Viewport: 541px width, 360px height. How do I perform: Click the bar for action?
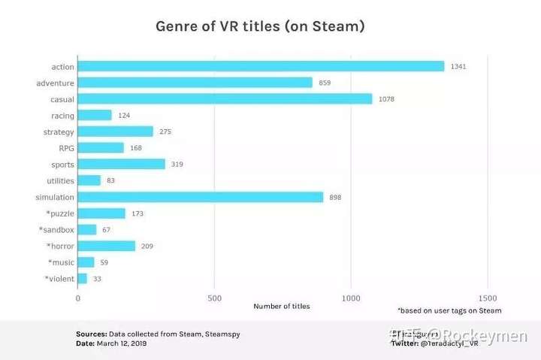pyautogui.click(x=261, y=66)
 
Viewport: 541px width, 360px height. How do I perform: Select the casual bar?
pyautogui.click(x=225, y=98)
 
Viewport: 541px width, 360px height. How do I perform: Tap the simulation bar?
pyautogui.click(x=201, y=197)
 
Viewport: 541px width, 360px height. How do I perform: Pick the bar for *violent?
pyautogui.click(x=83, y=279)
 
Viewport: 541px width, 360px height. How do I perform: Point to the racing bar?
pyautogui.click(x=95, y=115)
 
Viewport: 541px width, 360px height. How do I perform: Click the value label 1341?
pyautogui.click(x=458, y=66)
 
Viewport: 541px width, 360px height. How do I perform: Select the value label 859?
pyautogui.click(x=325, y=83)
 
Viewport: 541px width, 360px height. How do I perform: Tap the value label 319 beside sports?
pyautogui.click(x=177, y=164)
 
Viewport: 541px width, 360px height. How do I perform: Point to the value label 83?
pyautogui.click(x=111, y=180)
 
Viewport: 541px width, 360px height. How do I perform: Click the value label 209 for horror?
pyautogui.click(x=147, y=246)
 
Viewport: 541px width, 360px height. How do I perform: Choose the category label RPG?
pyautogui.click(x=66, y=148)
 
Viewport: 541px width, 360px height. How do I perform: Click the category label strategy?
pyautogui.click(x=59, y=132)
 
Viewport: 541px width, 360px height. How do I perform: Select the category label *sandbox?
pyautogui.click(x=56, y=229)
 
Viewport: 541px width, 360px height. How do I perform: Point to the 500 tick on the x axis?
pyautogui.click(x=214, y=297)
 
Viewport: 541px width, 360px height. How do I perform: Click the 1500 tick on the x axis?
pyautogui.click(x=487, y=297)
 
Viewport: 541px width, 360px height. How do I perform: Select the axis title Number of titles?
pyautogui.click(x=281, y=307)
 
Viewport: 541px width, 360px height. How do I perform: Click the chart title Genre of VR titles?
pyautogui.click(x=260, y=26)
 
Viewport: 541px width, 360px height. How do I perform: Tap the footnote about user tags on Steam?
pyautogui.click(x=449, y=310)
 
